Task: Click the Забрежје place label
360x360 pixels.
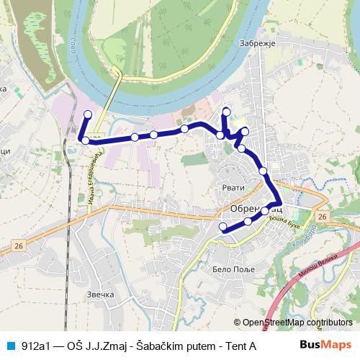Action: coord(257,43)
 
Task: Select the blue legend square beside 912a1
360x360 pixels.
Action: coord(9,346)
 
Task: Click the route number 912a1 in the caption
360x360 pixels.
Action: coord(37,346)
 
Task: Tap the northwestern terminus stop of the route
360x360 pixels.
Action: coord(89,114)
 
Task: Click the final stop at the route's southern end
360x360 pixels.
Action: coord(222,228)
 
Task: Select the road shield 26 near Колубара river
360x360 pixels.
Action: coord(321,216)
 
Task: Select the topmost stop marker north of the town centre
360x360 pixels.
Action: coord(227,111)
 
